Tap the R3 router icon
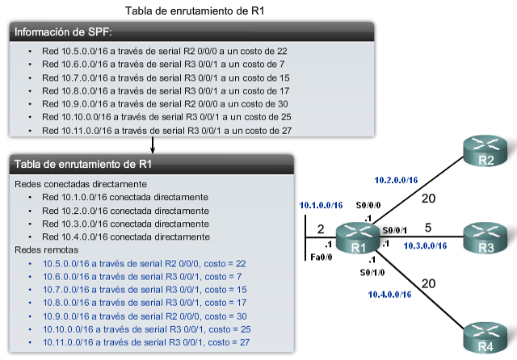pos(485,237)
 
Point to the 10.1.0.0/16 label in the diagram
pos(321,205)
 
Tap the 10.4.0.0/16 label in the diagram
pos(390,294)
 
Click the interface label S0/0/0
pos(368,206)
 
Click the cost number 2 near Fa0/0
pos(321,228)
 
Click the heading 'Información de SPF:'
pos(64,32)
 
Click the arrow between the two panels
pos(153,144)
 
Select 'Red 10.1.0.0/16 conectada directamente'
pos(124,197)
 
